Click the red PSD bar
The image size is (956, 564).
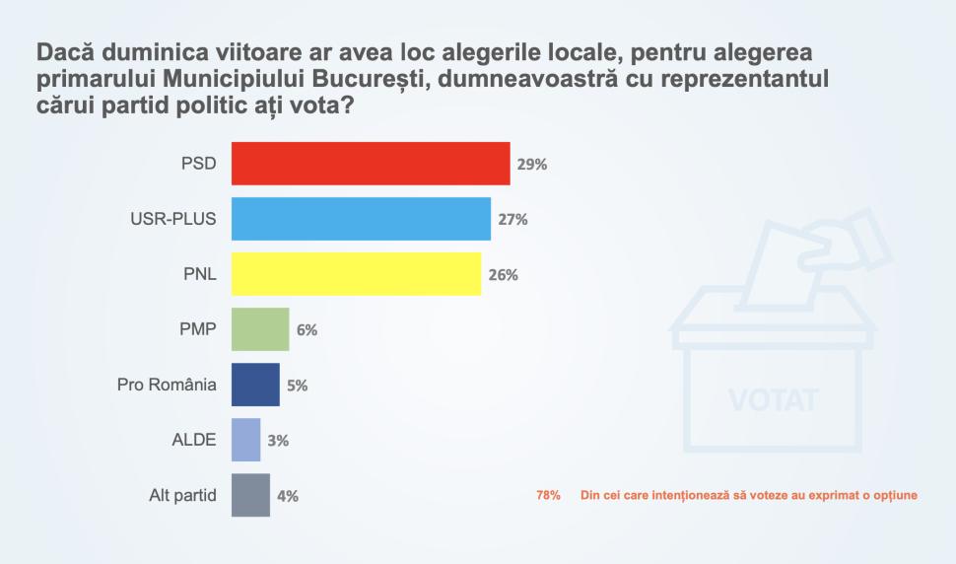coord(371,164)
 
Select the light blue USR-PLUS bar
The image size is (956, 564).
coord(361,219)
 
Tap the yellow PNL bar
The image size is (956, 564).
coord(356,274)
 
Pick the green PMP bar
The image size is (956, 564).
coord(260,329)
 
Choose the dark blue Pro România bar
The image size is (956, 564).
coord(255,385)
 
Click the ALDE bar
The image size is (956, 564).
coord(245,440)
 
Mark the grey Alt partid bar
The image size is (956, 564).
coord(250,495)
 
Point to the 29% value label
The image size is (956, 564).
coord(532,165)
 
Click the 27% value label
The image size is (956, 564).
coord(512,220)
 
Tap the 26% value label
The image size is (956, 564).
coord(503,275)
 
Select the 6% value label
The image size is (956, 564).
coord(307,330)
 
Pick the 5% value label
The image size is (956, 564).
coord(298,386)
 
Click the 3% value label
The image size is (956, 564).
coord(278,441)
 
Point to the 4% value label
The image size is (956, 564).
coord(288,496)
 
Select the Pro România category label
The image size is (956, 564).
coord(167,385)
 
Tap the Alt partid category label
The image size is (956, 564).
coord(175,495)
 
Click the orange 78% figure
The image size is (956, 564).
coord(549,495)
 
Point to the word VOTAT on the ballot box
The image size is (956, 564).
coord(774,401)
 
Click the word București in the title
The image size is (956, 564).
coord(368,78)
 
